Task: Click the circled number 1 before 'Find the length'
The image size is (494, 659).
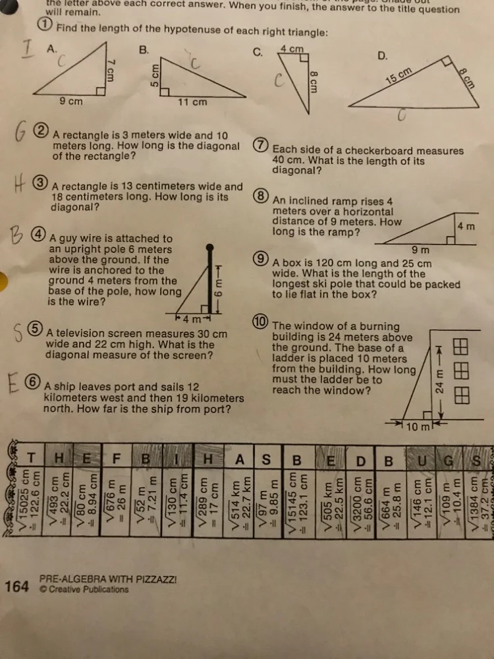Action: (44, 26)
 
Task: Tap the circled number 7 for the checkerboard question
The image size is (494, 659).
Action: (261, 146)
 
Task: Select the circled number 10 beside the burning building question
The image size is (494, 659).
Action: (260, 321)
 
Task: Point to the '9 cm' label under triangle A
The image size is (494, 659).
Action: (71, 101)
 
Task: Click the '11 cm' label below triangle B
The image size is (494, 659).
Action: (192, 102)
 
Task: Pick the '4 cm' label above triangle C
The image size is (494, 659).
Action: (291, 49)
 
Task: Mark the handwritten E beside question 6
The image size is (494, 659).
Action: (14, 384)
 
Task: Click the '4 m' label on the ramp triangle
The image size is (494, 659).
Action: (466, 226)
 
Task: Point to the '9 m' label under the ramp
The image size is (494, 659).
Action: (420, 250)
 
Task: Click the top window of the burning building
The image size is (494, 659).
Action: (462, 347)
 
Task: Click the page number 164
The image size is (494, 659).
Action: (16, 585)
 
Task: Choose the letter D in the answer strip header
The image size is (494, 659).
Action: (360, 460)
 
